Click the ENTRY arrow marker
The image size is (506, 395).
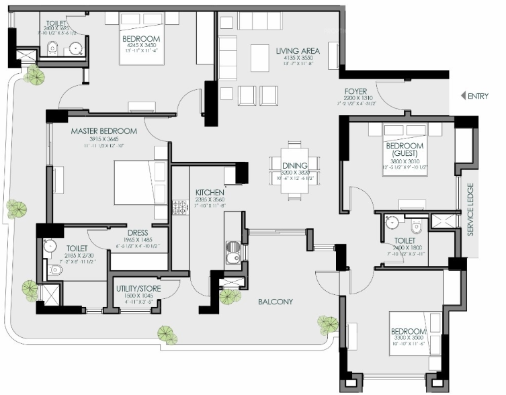(x=463, y=96)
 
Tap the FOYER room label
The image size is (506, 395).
(x=355, y=91)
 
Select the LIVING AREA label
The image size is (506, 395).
(x=298, y=51)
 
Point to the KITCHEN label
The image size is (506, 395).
(x=209, y=191)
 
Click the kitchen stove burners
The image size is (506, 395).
(x=181, y=208)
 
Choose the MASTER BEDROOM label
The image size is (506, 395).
(x=104, y=131)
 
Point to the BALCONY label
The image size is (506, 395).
(x=276, y=302)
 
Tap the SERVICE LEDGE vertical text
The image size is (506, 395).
(x=470, y=210)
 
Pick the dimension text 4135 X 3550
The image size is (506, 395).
(x=298, y=58)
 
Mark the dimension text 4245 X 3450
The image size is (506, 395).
(x=142, y=46)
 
